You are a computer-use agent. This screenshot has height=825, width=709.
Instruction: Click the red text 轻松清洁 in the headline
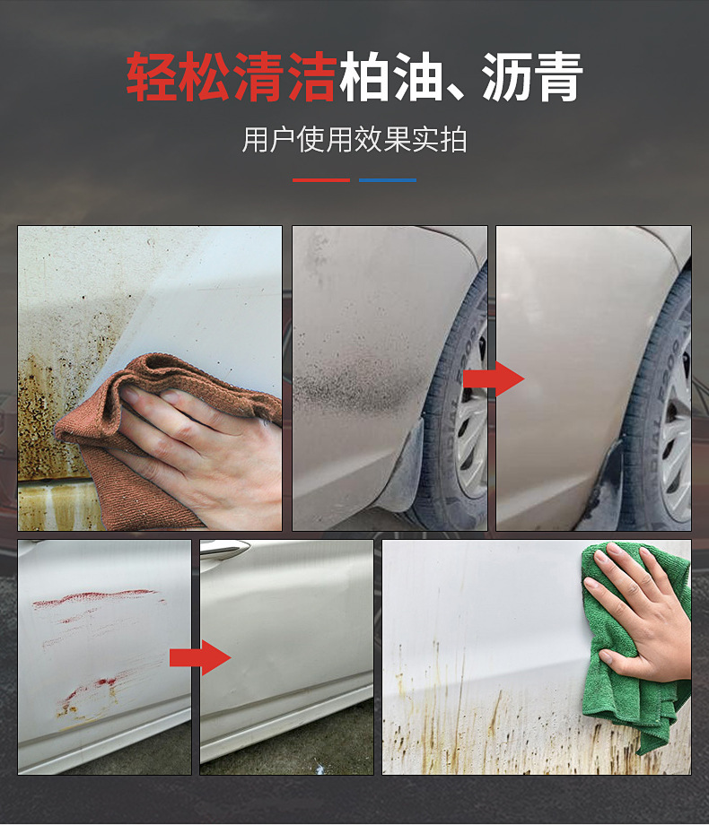pyautogui.click(x=232, y=77)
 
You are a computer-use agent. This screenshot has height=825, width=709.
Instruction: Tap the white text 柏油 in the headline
pyautogui.click(x=390, y=77)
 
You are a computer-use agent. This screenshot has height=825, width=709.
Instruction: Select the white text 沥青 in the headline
pyautogui.click(x=532, y=77)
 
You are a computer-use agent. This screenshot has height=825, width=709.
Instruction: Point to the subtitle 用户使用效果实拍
pyautogui.click(x=354, y=140)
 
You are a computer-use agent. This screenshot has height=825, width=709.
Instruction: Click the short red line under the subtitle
pyautogui.click(x=321, y=180)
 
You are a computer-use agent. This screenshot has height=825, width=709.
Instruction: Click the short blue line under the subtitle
pyautogui.click(x=388, y=180)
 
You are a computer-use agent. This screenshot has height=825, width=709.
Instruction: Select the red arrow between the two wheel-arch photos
pyautogui.click(x=494, y=378)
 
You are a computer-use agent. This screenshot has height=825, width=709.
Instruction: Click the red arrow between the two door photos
pyautogui.click(x=200, y=657)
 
